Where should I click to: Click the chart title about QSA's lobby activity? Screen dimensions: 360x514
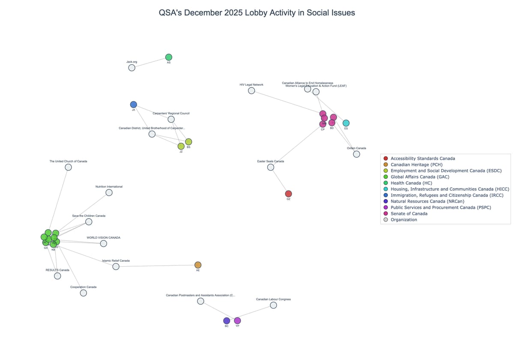pos(257,13)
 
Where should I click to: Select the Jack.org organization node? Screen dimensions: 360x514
pos(131,68)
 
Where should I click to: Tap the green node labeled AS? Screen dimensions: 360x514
pos(169,57)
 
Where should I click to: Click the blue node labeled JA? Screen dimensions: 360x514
pos(134,105)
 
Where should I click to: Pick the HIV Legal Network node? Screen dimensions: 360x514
pos(251,90)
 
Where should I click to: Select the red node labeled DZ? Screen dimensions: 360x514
pos(288,194)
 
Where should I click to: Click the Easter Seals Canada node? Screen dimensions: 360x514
pos(271,167)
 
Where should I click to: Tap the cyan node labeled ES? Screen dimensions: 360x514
pos(346,123)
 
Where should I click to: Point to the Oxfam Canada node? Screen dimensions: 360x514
pos(356,154)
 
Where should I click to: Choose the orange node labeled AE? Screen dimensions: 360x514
pos(198,265)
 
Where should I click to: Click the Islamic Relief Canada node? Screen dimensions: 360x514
pos(116,267)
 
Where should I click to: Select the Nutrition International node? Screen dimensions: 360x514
pos(109,192)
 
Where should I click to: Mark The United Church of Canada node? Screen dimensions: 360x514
pos(68,167)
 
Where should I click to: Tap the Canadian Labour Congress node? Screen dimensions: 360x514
pos(273,305)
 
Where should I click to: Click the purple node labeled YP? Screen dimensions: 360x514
pos(237,321)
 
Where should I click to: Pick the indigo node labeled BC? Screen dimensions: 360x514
pos(227,321)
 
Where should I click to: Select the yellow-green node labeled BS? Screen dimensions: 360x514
pos(188,142)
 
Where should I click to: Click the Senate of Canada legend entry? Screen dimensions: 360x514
pos(409,213)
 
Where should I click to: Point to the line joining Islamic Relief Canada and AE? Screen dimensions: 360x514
pos(157,266)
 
